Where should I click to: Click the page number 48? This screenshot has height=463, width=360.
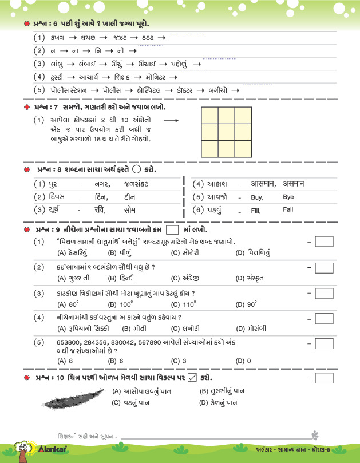(x=23, y=446)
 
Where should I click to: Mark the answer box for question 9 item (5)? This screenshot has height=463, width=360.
(x=324, y=345)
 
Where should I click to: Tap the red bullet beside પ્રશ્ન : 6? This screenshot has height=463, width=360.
(x=27, y=23)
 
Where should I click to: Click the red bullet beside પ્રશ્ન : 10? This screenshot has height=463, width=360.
(x=27, y=378)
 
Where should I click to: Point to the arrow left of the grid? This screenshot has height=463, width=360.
(x=171, y=121)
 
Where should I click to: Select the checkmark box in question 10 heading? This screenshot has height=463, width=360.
(x=192, y=378)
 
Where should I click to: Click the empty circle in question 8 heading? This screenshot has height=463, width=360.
(x=136, y=170)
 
